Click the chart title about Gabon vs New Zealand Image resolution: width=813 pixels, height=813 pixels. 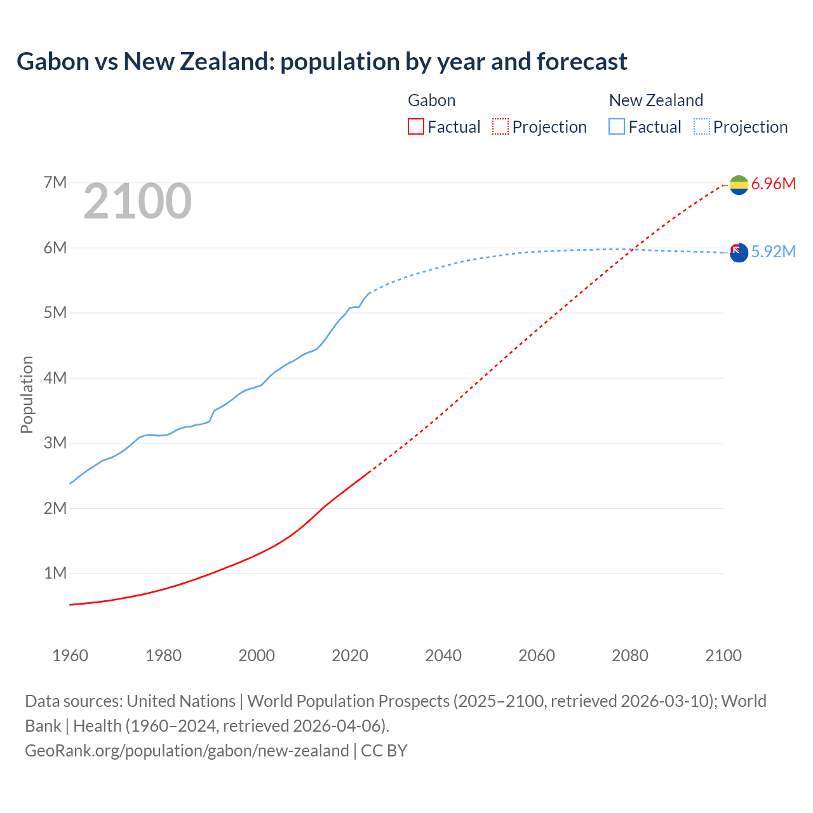coord(321,62)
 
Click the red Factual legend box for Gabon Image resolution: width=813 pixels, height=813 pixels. coord(415,126)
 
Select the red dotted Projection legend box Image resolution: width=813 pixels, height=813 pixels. coord(500,126)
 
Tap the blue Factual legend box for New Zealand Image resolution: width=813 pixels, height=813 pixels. coord(616,126)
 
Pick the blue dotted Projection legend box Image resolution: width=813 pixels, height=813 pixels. coord(701,126)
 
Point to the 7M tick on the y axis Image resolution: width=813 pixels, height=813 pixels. coord(55,183)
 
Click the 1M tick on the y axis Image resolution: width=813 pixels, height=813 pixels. coord(55,573)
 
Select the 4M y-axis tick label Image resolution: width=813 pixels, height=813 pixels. coord(55,378)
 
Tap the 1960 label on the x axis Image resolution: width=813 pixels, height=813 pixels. coord(70,655)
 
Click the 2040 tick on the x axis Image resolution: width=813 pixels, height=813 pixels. coord(443,655)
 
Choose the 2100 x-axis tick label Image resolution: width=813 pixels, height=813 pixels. coord(723,655)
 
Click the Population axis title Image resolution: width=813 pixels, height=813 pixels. coord(27,394)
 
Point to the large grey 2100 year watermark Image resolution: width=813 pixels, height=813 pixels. coord(137,201)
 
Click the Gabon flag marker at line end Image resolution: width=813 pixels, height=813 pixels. coord(739,185)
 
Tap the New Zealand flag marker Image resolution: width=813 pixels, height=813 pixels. coord(739,253)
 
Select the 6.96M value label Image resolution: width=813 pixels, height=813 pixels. coord(773,184)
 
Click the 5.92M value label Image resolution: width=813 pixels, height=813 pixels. coord(773,252)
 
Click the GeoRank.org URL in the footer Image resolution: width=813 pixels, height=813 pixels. coord(187,750)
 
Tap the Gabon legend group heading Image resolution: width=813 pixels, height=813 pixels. coord(431,100)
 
